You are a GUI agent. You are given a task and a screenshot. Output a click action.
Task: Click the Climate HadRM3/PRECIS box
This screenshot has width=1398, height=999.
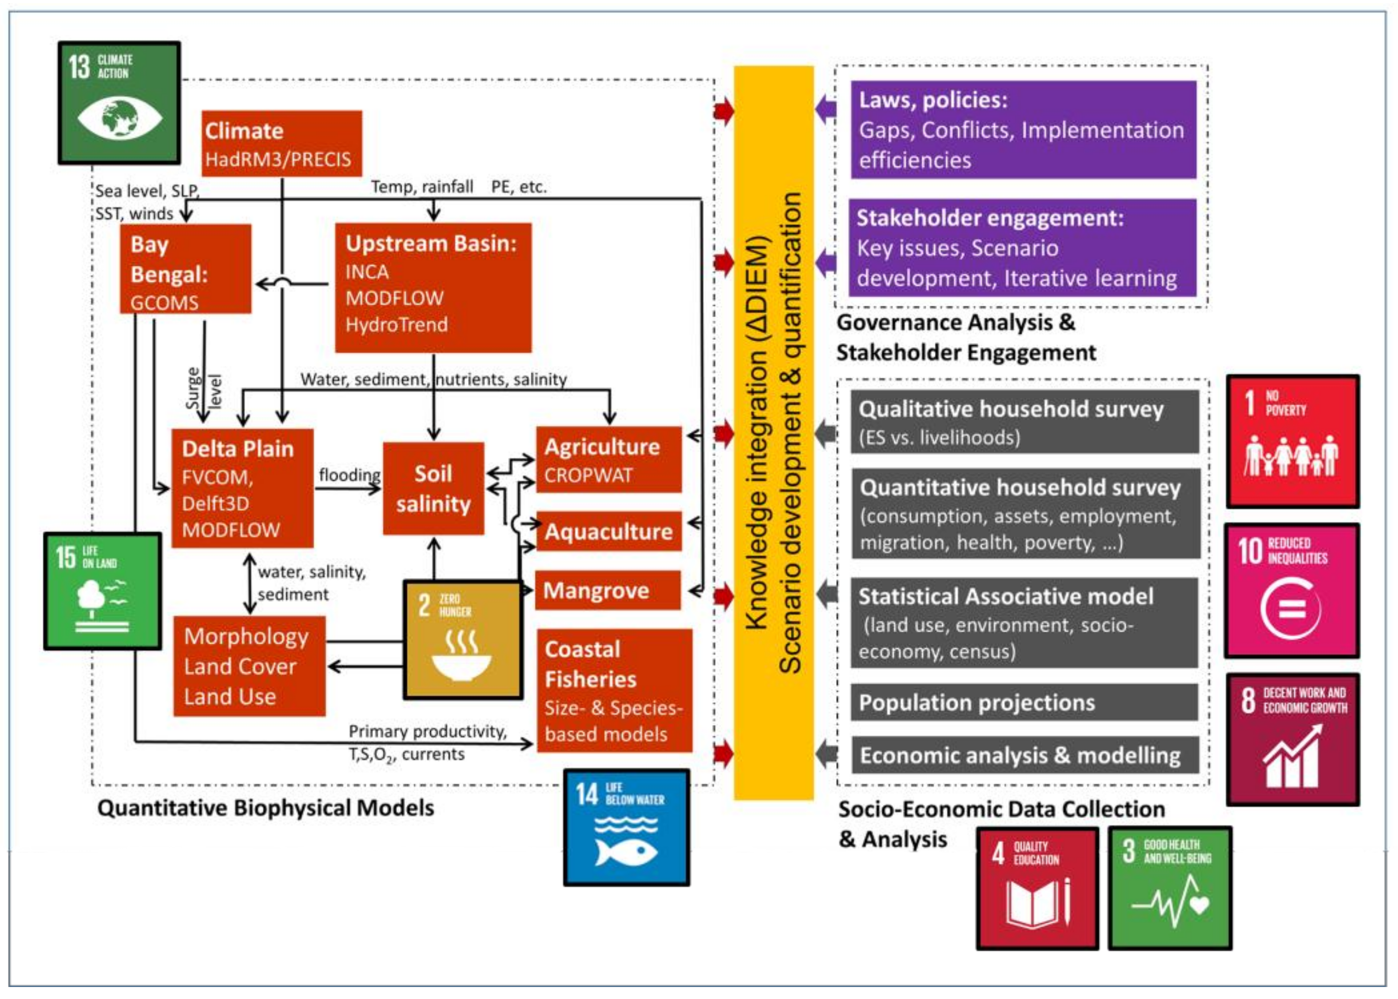click(282, 144)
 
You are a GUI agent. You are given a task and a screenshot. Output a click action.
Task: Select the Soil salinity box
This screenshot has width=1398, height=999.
click(433, 488)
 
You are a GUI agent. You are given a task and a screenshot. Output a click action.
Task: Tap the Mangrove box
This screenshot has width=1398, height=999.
click(608, 591)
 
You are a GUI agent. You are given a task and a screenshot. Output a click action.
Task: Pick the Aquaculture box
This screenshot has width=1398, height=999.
click(609, 531)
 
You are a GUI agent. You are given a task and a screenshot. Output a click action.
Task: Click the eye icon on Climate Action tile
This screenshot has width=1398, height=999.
click(120, 117)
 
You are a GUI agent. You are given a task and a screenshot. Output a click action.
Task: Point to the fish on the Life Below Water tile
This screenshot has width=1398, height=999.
click(626, 853)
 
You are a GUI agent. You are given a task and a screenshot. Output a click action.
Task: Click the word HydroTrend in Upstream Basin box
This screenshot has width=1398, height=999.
click(397, 325)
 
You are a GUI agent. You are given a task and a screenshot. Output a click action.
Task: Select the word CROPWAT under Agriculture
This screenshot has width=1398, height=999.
click(588, 476)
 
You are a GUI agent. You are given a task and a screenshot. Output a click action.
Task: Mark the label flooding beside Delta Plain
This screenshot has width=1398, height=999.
click(349, 475)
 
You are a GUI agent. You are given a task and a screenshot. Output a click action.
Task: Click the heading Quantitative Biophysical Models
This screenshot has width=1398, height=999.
click(266, 808)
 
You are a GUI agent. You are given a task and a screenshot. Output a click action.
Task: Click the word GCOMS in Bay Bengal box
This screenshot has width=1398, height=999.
click(164, 303)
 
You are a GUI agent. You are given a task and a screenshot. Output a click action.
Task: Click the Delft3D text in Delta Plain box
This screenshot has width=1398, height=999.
click(215, 504)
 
